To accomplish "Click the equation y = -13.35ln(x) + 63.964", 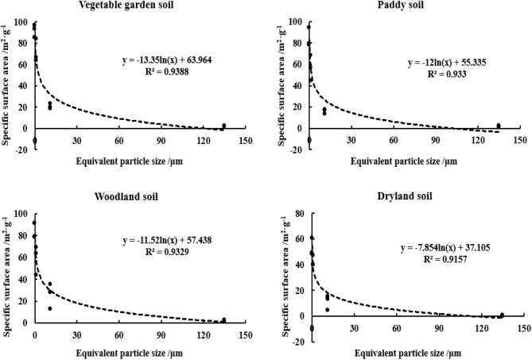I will tap(165, 59).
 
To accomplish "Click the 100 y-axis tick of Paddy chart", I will tap(297, 21).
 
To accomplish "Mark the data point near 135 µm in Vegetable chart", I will tap(223, 126).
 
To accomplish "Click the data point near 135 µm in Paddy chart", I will tap(499, 126).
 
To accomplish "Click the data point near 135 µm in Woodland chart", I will tap(223, 319).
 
